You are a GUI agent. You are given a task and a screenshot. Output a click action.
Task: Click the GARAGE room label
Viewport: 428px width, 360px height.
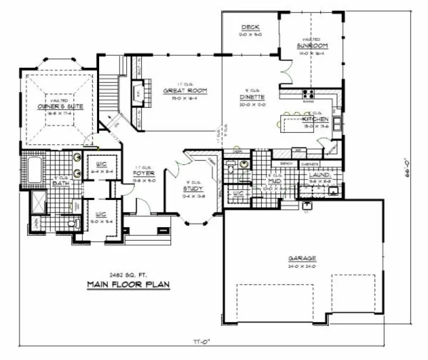click(302, 259)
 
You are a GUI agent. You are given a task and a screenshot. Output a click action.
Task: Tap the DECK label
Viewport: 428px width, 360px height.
click(251, 27)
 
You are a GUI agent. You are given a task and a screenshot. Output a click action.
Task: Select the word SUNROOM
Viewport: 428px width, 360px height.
click(311, 46)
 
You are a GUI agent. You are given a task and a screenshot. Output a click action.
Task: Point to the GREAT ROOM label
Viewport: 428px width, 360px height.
click(185, 91)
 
